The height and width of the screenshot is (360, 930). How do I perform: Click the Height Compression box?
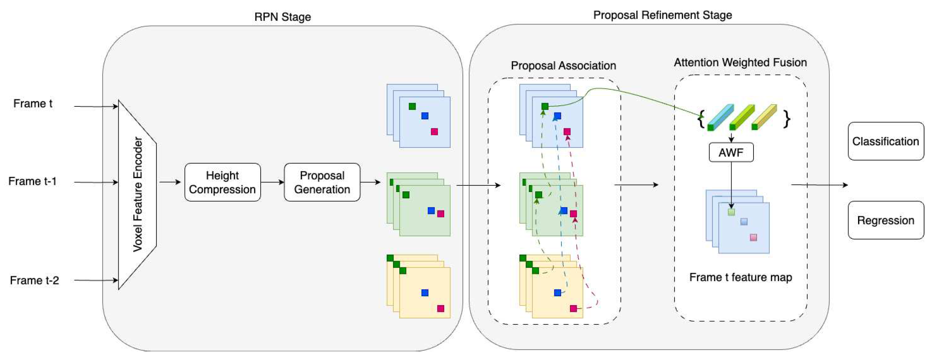[x=222, y=182]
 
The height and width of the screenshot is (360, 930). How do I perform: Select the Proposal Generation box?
[x=322, y=182]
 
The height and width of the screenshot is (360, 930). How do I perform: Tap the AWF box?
[x=731, y=152]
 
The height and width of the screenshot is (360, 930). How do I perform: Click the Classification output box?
[x=886, y=141]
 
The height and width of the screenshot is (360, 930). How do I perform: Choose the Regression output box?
[x=886, y=220]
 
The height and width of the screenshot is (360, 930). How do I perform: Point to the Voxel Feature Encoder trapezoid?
[x=137, y=195]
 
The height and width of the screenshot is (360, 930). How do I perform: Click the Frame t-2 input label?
[x=34, y=280]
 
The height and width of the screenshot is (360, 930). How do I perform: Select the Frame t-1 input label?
[x=32, y=181]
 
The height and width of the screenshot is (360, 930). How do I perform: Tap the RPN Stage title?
[x=283, y=17]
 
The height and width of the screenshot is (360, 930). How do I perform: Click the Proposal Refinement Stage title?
[x=662, y=15]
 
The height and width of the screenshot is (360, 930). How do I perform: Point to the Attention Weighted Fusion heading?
[x=740, y=63]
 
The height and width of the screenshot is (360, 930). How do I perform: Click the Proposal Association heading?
[x=563, y=66]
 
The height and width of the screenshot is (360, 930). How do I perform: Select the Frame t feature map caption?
[x=741, y=277]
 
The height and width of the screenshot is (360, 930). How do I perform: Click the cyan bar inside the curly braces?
[x=721, y=117]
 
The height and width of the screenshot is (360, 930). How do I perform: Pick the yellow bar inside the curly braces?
[x=765, y=117]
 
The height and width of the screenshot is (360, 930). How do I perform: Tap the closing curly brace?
[x=786, y=119]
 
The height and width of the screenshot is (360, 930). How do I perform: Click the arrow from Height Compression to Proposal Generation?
[x=272, y=182]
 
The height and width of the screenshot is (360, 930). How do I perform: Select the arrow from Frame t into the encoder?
[x=96, y=106]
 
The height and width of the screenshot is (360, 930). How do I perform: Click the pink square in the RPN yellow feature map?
[x=441, y=308]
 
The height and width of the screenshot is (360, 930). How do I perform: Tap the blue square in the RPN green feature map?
[x=431, y=211]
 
